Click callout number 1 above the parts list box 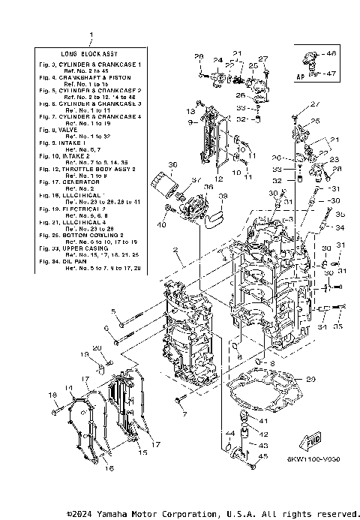pos(91,35)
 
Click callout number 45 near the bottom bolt pos(262,455)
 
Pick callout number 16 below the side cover pos(109,469)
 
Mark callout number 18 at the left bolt pos(53,395)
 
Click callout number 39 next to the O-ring pos(223,197)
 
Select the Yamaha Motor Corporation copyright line pos(213,513)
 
